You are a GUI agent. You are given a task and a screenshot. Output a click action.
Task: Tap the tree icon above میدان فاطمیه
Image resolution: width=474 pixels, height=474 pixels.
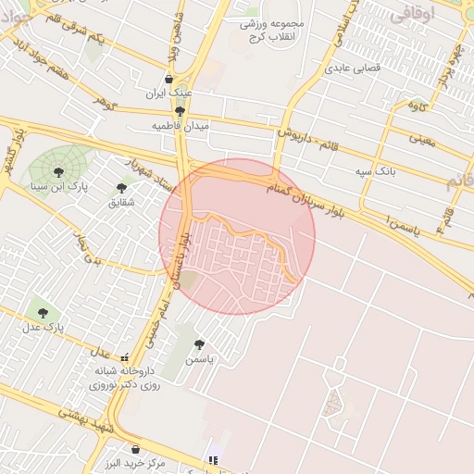tap(180, 110)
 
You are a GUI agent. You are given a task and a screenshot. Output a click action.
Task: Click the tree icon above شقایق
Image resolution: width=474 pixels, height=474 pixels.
tap(121, 188)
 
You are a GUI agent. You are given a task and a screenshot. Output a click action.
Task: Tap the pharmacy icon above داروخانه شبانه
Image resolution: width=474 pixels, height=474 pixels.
tap(125, 356)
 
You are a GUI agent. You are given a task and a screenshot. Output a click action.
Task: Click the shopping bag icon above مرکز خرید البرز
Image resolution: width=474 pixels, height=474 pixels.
tap(135, 450)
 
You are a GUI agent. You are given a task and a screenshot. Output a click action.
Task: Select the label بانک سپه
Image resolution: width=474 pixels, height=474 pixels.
tap(377, 172)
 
